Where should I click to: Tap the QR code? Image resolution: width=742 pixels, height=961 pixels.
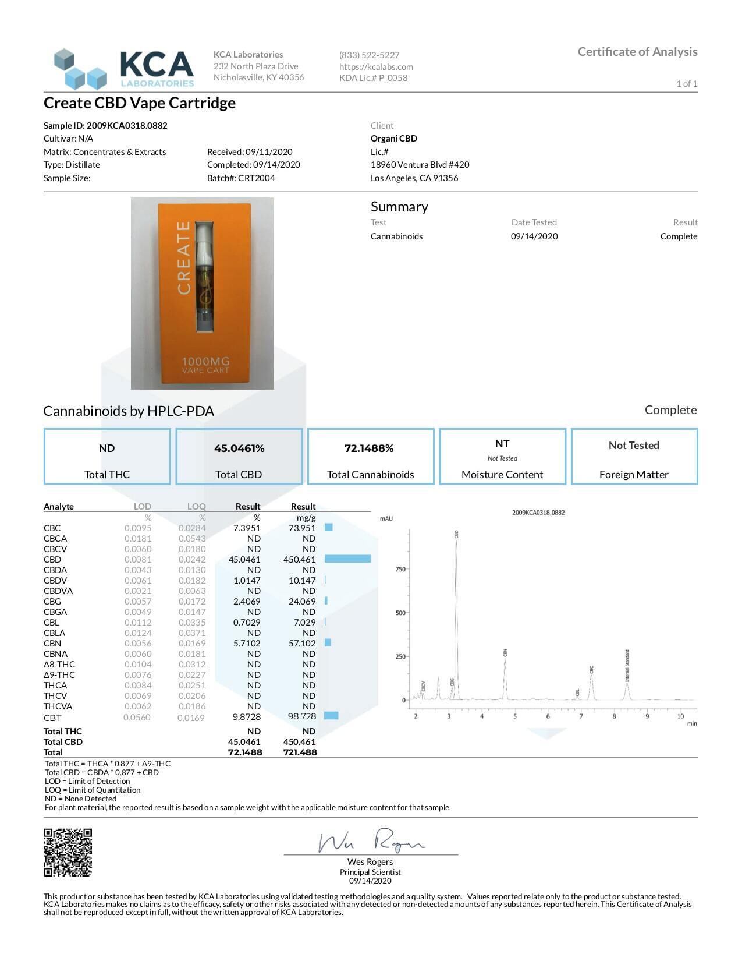pos(68,852)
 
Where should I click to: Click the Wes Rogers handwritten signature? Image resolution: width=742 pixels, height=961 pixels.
pos(371,842)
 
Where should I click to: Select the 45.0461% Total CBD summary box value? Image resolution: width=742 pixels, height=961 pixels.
pos(239,448)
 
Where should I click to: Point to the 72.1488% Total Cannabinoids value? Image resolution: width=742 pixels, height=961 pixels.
pos(369,448)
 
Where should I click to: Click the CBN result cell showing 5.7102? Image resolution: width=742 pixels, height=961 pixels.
pos(247,643)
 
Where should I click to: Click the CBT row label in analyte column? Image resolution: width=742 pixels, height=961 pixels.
pos(52,718)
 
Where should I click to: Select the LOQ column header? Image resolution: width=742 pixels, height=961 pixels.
pos(196,506)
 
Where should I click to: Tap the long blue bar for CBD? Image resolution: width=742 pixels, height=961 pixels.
pos(347,559)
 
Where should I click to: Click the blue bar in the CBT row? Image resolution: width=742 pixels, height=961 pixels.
pos(331,715)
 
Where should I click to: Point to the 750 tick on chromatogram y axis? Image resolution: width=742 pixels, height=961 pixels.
pos(400,569)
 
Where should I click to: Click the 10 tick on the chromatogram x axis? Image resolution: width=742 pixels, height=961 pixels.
pos(680,716)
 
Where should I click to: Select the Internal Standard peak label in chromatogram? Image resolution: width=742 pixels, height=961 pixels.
pos(627,665)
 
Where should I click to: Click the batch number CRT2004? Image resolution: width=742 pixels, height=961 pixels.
pos(256,178)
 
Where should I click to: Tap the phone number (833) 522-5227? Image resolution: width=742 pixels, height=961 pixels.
pos(369,55)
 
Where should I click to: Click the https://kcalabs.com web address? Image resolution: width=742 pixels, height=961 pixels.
pos(376,66)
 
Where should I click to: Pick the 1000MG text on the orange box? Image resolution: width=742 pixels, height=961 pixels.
pos(205,361)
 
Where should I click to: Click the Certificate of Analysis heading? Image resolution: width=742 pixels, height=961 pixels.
pos(637,51)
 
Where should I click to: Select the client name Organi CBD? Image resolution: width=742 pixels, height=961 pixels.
pos(393,138)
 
